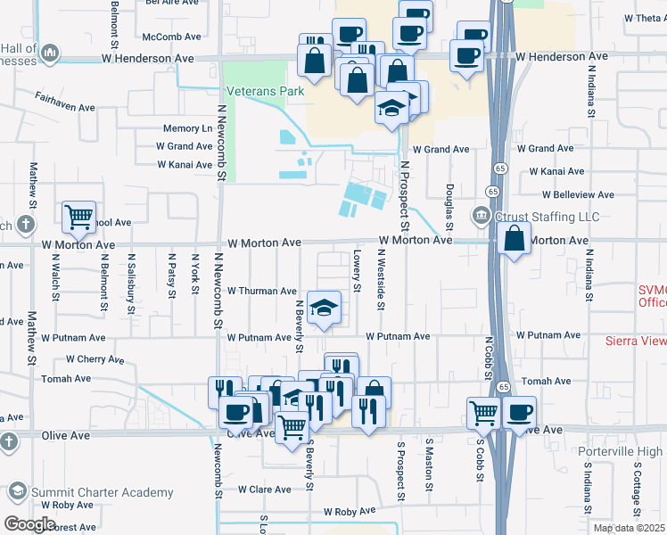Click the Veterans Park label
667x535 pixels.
click(265, 91)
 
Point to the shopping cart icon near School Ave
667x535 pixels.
click(79, 215)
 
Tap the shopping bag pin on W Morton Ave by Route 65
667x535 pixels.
click(515, 238)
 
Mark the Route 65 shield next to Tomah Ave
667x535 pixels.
click(503, 387)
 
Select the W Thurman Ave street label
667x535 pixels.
click(261, 292)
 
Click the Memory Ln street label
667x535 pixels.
click(187, 129)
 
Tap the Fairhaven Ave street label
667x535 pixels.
click(65, 107)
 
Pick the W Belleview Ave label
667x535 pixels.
click(578, 194)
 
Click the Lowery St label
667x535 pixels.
click(357, 271)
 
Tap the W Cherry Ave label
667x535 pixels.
click(95, 360)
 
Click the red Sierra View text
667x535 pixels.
click(635, 340)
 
